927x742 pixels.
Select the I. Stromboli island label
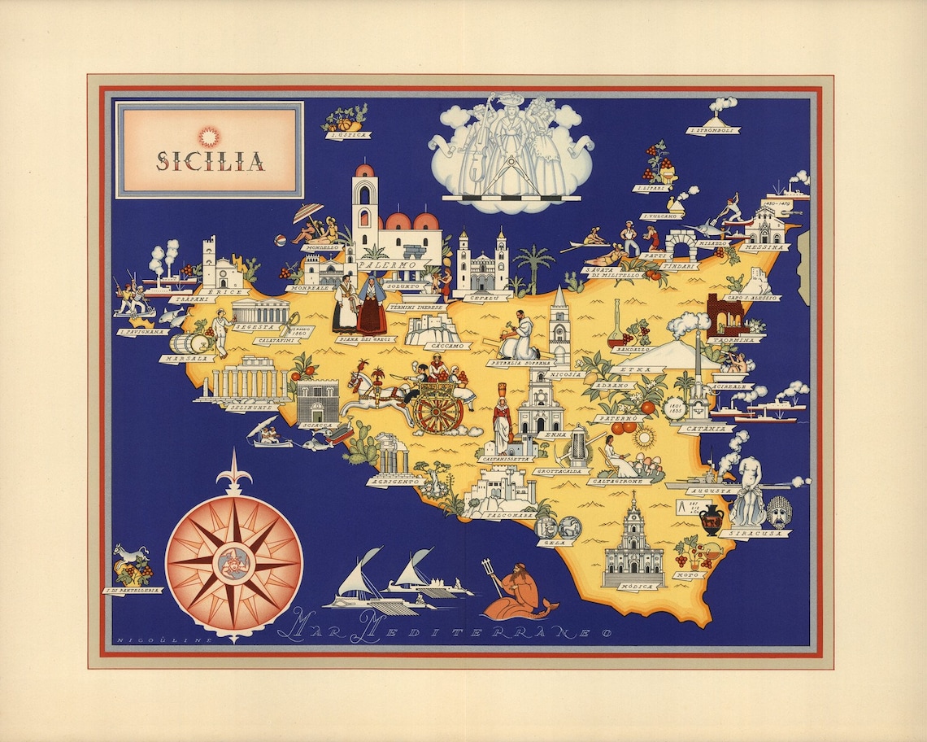pyautogui.click(x=712, y=129)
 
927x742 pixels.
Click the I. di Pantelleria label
pyautogui.click(x=133, y=590)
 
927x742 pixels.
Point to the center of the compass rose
pyautogui.click(x=233, y=562)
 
